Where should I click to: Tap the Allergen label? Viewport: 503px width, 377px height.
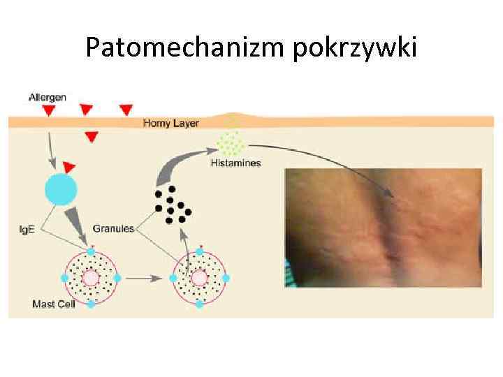(48, 97)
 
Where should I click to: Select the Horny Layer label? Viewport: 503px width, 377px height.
(171, 124)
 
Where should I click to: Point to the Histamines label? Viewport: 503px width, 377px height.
(235, 163)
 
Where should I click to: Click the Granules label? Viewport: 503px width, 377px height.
(112, 228)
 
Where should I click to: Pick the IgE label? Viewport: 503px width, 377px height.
(27, 228)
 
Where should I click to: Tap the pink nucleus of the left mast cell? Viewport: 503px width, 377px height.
(91, 278)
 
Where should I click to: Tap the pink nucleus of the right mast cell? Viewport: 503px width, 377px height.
(200, 278)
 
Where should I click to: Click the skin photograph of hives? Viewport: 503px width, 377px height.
(383, 228)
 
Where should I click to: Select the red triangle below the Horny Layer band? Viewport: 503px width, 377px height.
(91, 137)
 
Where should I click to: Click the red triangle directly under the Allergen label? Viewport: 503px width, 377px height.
(48, 111)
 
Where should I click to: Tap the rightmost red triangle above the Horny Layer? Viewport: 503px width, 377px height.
(126, 110)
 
